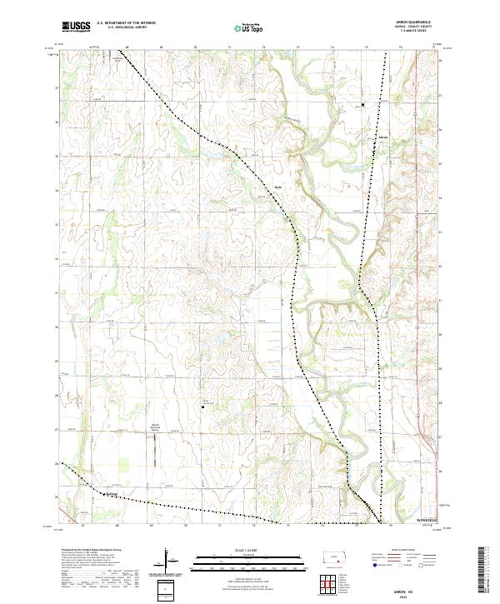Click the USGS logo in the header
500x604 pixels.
[76, 27]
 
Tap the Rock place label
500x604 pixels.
[278, 187]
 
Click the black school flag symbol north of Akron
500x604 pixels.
[362, 105]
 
